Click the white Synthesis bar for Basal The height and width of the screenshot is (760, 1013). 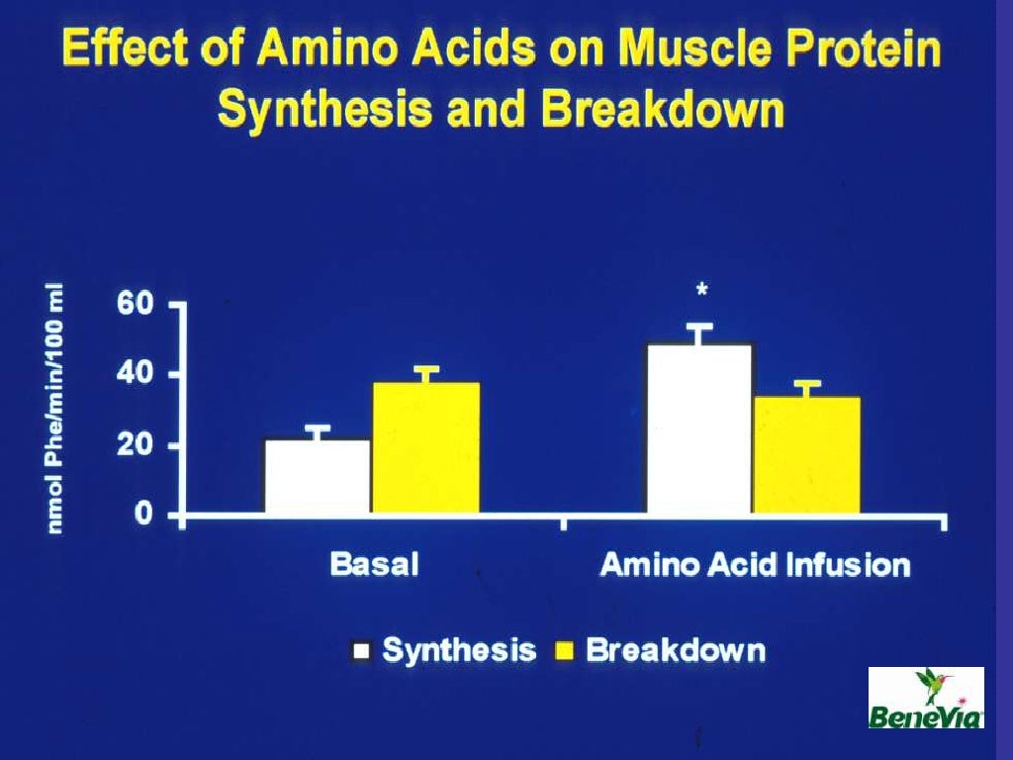tap(318, 476)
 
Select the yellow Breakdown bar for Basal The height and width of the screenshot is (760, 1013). tap(425, 447)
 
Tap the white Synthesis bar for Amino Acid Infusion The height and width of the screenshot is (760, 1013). tap(699, 427)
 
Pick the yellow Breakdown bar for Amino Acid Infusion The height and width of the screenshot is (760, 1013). tap(806, 454)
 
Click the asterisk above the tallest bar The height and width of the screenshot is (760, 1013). tap(701, 290)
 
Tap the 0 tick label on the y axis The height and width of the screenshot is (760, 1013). tap(143, 515)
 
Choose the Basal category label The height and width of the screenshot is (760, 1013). tap(374, 565)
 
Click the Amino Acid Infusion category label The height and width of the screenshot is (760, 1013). tap(755, 565)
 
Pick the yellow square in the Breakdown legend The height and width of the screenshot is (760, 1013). tap(565, 651)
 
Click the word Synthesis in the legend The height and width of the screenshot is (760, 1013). tap(459, 651)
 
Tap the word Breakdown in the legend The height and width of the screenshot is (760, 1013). tap(676, 651)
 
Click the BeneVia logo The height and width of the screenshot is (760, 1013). tap(926, 698)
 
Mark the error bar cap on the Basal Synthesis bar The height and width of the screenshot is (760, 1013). tap(318, 427)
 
